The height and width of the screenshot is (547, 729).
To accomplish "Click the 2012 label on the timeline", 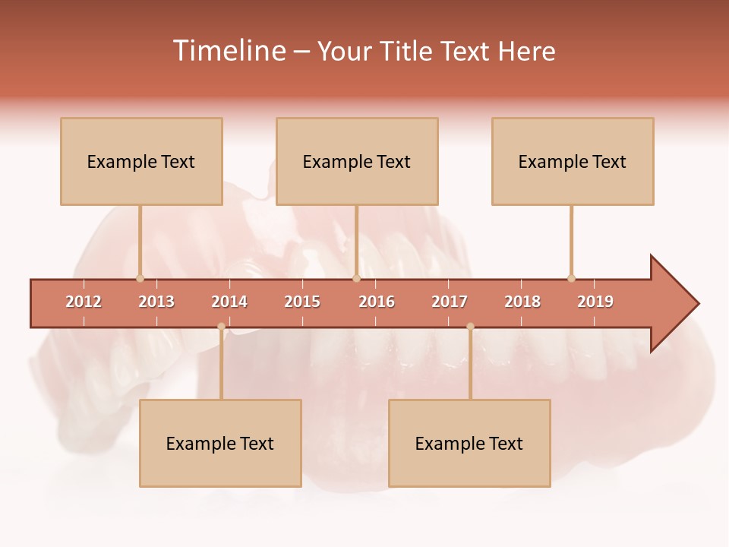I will point(84,302).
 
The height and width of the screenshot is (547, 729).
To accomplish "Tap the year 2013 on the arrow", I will point(156,302).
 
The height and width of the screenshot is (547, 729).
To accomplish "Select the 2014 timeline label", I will point(229,302).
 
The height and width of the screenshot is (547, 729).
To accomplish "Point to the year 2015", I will point(302,302).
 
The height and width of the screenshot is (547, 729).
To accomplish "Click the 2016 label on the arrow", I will point(377,302).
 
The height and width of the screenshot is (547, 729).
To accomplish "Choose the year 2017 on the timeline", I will point(450,302).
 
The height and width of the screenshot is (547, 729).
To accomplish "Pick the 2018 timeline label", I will point(522,302).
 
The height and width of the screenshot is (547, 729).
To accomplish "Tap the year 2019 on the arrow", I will point(595,302).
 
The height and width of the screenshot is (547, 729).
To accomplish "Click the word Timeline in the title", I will point(228,51).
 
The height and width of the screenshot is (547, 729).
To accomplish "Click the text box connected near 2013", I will point(141,161).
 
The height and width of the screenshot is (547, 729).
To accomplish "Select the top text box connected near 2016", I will point(357,161).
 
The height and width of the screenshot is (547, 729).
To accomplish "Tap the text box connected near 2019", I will point(573,161).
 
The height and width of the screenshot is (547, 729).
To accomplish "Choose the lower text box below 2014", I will point(220,443).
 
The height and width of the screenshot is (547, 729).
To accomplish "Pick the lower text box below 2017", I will point(469,443).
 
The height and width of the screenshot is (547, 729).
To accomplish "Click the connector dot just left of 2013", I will point(140,278).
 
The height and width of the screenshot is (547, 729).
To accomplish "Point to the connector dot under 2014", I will point(221,327).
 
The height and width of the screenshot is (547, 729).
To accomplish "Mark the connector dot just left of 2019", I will point(571,278).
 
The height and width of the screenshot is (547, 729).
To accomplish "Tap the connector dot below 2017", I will point(470,327).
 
